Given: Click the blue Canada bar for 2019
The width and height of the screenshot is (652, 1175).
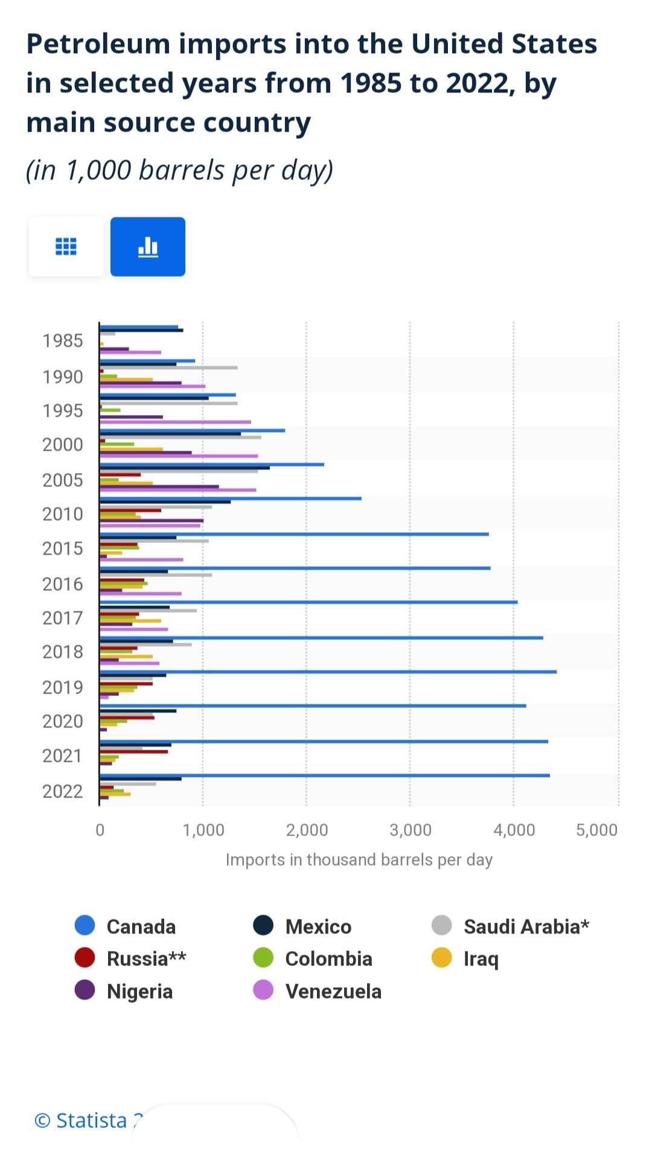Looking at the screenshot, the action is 328,672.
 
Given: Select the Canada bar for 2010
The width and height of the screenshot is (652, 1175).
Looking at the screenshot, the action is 231,498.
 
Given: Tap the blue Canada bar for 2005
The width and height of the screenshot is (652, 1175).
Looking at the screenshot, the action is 212,465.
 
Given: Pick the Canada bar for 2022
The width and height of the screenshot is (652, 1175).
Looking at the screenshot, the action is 325,776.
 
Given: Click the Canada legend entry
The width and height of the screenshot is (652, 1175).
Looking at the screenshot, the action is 126,926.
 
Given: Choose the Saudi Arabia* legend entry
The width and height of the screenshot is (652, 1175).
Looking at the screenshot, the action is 511,926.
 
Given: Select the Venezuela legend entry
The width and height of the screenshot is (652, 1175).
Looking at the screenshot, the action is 318,991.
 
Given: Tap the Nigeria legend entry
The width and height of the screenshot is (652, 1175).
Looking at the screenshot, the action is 124,991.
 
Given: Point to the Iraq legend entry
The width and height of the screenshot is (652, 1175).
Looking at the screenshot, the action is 465,959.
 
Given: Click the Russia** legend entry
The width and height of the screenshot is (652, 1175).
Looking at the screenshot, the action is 130,959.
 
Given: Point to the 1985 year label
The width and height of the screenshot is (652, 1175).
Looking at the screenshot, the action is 63,341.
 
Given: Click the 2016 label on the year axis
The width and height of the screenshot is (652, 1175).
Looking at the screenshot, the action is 63,584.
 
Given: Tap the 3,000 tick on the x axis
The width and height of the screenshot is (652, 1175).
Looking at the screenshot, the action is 411,830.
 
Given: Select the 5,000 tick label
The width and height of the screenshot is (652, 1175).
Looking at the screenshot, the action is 597,830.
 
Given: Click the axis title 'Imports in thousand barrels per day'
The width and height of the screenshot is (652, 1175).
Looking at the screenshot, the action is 359,860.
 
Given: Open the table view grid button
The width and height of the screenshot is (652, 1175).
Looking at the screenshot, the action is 66,246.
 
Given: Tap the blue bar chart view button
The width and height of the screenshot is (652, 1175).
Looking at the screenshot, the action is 148,246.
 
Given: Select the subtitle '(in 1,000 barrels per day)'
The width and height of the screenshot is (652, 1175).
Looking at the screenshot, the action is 180,170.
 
